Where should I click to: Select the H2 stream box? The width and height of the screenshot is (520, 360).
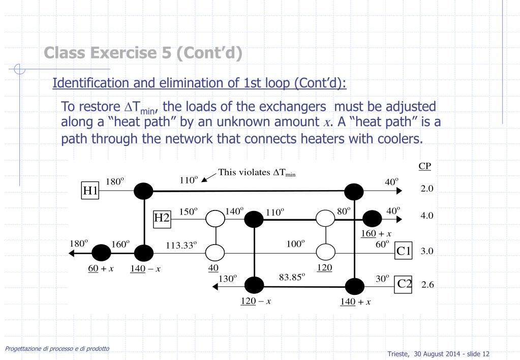click(x=162, y=218)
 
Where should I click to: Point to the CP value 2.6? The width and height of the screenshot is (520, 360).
click(x=427, y=285)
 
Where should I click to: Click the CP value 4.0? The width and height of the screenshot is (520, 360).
click(x=427, y=216)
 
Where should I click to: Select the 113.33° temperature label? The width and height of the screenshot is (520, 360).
click(x=181, y=244)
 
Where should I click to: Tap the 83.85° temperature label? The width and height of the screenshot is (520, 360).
click(x=292, y=277)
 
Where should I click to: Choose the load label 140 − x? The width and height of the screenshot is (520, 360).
click(x=145, y=268)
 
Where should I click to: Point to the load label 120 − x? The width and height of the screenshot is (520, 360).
click(x=255, y=301)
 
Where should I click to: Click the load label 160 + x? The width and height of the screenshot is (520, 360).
click(x=376, y=233)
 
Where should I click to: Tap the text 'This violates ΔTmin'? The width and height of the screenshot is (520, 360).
click(x=257, y=173)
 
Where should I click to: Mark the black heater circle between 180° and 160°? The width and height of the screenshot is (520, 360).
click(x=101, y=252)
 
